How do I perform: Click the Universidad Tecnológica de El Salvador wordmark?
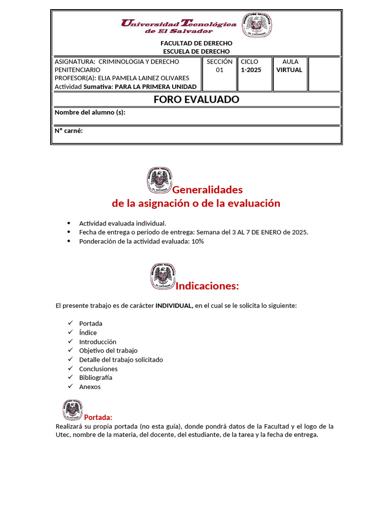point(178,26)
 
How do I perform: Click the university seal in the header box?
point(256,25)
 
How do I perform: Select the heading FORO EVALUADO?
point(196,100)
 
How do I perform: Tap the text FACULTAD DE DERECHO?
point(196,43)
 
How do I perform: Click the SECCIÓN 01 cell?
point(219,66)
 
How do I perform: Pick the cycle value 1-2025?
point(251,70)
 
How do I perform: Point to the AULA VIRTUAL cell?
point(289,66)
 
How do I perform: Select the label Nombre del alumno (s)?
point(90,112)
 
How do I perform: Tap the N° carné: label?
point(69,131)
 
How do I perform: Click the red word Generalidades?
point(207,190)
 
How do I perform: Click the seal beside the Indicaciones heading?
point(162,276)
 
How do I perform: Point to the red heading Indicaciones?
point(207,286)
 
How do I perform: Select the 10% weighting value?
point(198,242)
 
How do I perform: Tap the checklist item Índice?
point(88,333)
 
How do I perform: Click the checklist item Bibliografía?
point(95,378)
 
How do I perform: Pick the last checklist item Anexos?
point(90,387)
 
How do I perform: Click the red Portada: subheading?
point(98,417)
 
